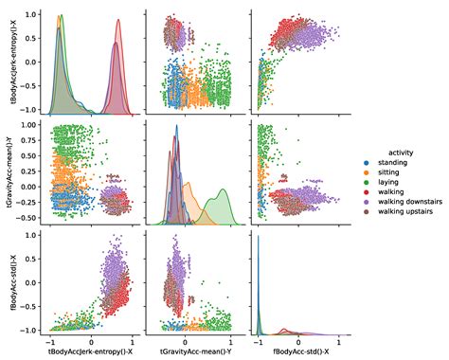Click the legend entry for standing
[x=390, y=162]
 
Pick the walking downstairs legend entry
[x=404, y=209]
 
